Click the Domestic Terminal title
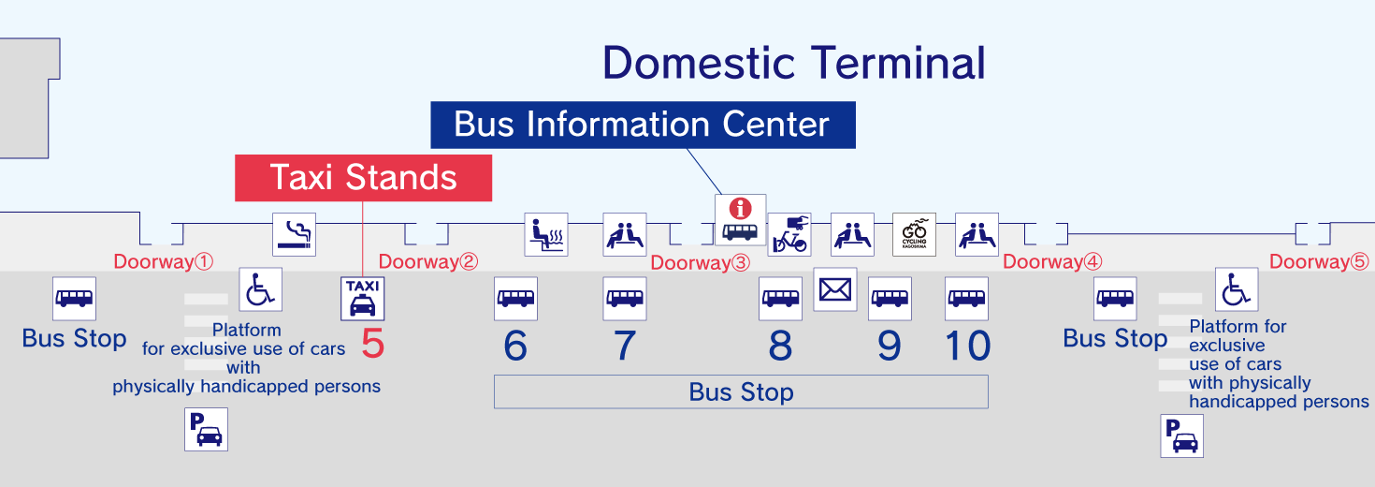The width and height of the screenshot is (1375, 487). [794, 63]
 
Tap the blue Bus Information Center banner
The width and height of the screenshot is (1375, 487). [643, 125]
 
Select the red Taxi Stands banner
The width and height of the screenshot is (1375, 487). [363, 177]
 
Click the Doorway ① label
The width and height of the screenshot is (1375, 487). [164, 261]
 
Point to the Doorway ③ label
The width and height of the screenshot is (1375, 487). [701, 263]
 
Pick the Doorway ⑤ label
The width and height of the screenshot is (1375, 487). [1318, 262]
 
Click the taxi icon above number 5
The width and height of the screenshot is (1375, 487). [361, 299]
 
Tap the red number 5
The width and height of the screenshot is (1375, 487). [372, 345]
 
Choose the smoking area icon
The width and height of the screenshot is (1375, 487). [294, 234]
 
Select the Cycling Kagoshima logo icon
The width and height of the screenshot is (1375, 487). [914, 234]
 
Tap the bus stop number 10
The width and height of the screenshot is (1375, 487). [967, 347]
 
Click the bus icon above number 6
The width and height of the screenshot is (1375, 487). [515, 299]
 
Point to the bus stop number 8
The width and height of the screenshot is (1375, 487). [780, 347]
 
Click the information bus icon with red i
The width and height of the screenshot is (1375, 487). [740, 219]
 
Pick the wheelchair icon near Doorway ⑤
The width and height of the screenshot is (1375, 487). [1237, 289]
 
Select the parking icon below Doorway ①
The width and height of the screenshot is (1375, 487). [206, 430]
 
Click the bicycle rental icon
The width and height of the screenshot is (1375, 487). [789, 234]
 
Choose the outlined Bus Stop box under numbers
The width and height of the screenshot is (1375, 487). [741, 391]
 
